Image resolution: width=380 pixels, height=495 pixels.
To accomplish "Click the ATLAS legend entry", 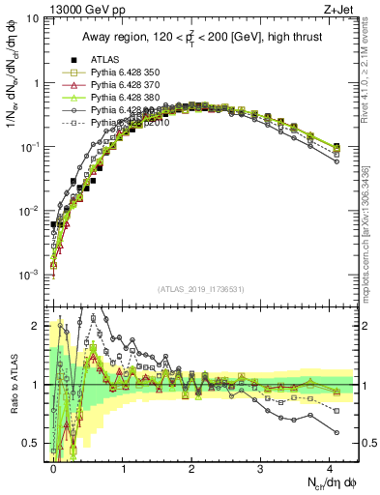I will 104,61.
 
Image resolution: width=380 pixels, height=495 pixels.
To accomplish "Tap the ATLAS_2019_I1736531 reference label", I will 205,290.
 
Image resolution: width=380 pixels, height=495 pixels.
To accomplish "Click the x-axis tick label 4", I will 330,467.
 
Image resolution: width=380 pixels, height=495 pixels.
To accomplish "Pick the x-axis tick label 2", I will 191,467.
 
